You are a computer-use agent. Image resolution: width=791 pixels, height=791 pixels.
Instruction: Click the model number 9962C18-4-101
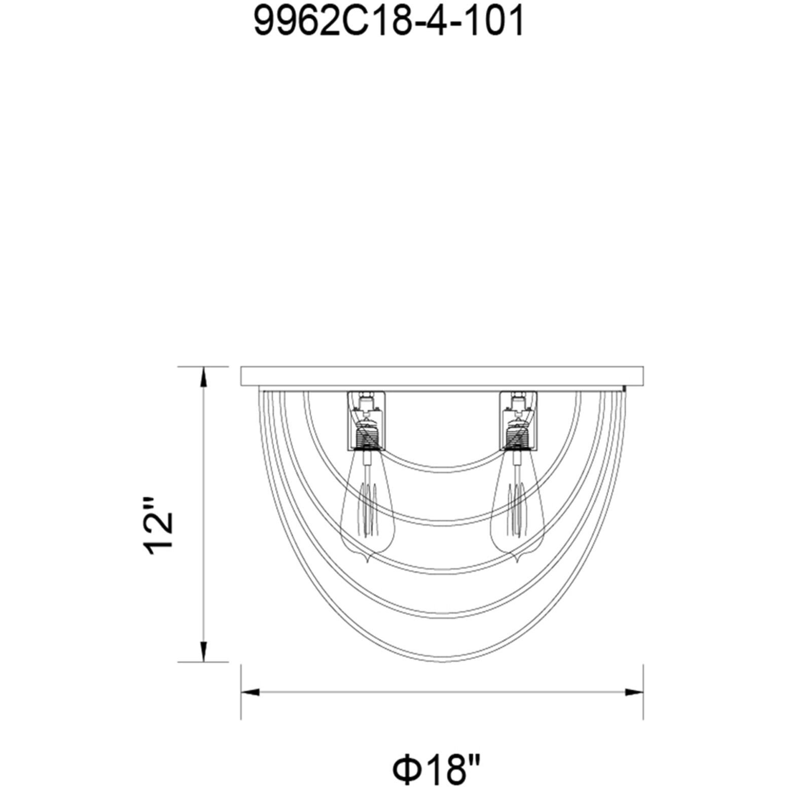388,23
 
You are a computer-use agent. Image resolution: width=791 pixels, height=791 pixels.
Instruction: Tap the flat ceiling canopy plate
442,376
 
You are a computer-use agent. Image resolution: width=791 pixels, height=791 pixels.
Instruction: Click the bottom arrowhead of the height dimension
203,652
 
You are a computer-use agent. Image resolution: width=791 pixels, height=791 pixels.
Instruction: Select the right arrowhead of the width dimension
634,692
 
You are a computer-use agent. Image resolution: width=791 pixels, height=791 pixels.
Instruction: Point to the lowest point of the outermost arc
442,663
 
